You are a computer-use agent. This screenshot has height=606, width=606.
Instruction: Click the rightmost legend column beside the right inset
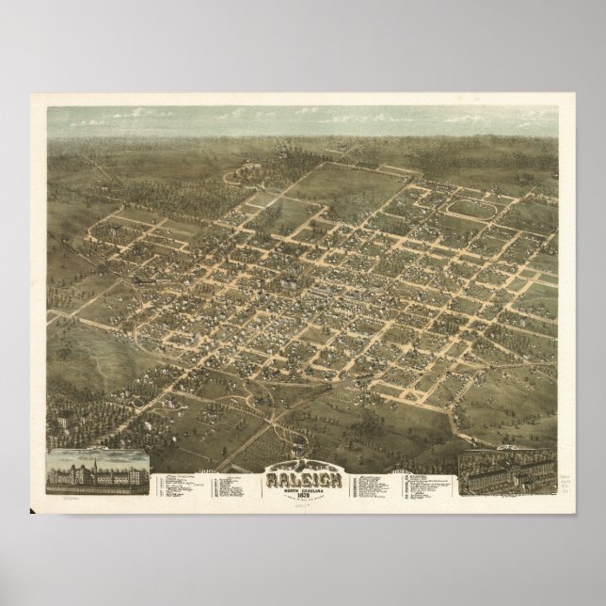(426, 485)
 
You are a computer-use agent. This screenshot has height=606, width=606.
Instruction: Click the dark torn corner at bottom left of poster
(35, 511)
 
